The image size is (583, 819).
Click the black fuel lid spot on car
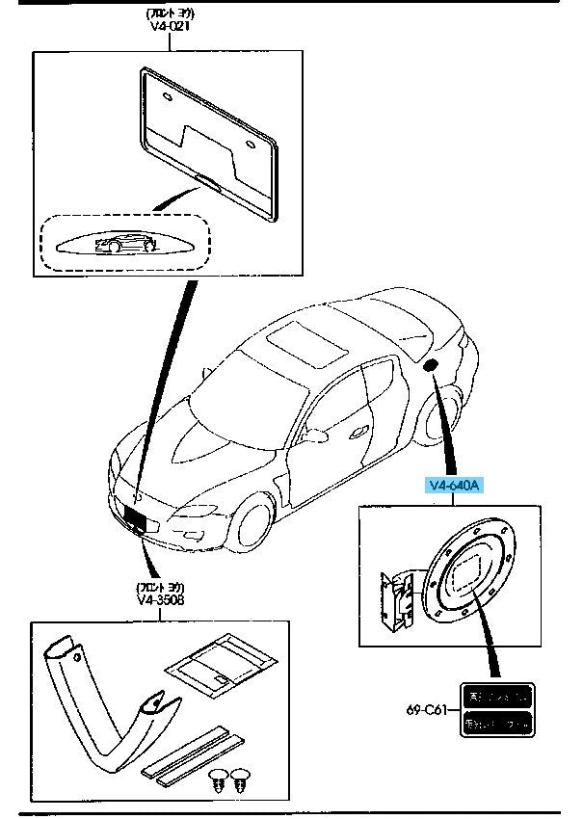click(430, 364)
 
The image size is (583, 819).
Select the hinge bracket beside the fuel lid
click(394, 604)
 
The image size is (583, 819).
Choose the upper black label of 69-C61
click(495, 694)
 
